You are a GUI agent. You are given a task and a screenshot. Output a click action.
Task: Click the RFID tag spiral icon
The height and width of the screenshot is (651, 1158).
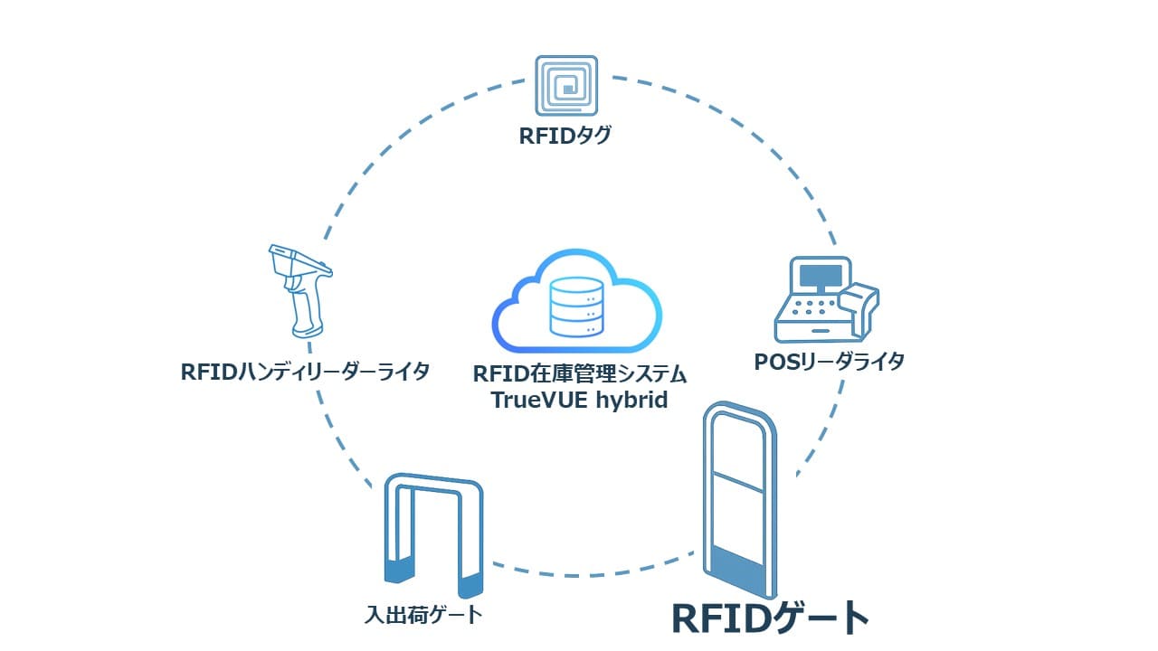[566, 87]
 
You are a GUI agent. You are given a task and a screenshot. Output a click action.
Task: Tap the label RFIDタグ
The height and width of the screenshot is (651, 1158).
[566, 137]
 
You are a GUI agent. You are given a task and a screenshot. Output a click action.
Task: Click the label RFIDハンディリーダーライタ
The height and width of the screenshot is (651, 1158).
[305, 372]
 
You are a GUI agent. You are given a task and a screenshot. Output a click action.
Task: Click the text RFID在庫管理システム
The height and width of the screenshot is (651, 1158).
[580, 373]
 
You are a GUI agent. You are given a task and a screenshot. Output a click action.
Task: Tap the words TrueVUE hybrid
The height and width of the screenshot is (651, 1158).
[579, 400]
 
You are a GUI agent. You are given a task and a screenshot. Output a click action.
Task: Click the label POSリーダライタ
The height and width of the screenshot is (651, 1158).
[830, 362]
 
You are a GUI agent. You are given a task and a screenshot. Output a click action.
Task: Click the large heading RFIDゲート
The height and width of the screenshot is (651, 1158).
[770, 618]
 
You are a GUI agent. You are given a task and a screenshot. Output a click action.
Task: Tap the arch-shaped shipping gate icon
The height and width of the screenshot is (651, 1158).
[433, 533]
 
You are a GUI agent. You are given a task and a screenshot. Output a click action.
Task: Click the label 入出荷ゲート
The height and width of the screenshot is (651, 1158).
[422, 616]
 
